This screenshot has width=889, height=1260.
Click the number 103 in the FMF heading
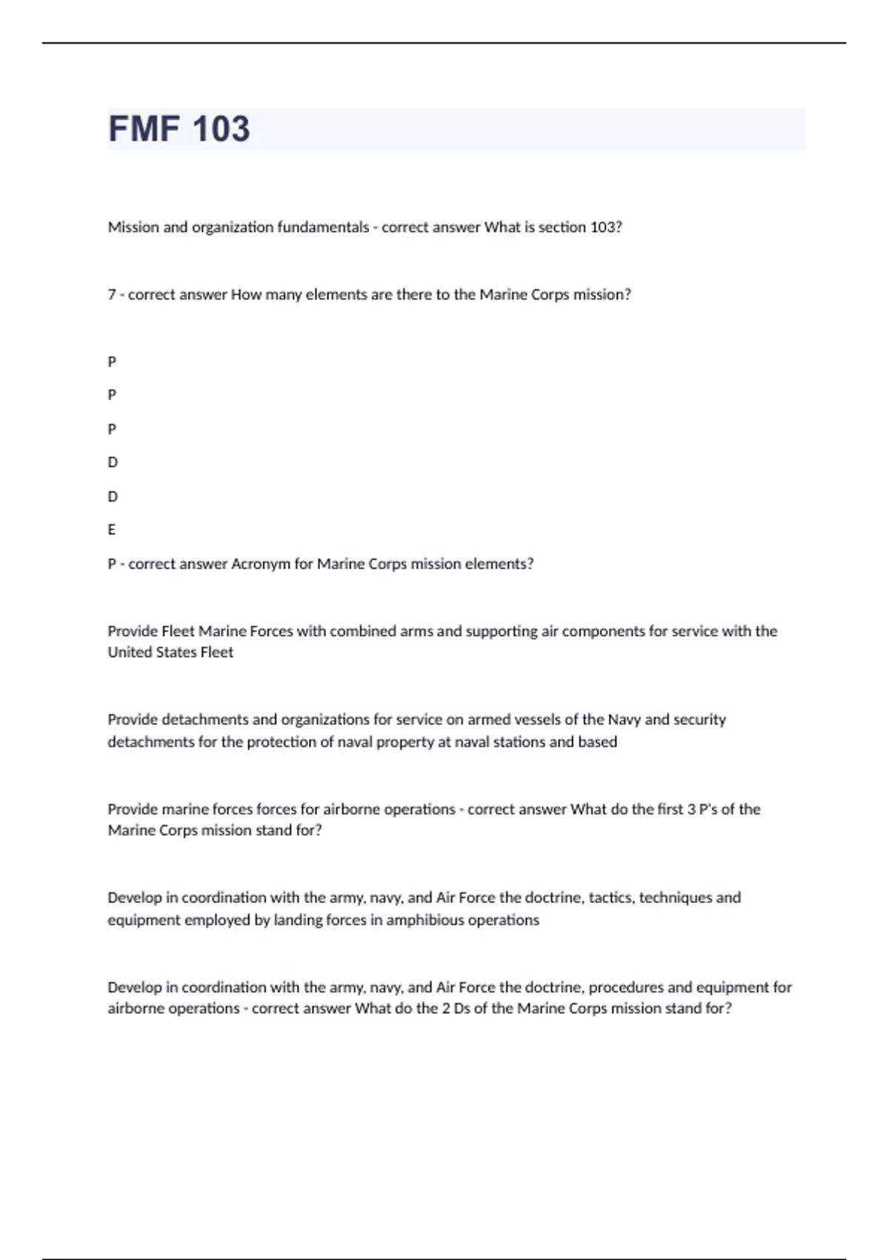point(221,129)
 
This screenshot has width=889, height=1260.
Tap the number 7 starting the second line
point(112,295)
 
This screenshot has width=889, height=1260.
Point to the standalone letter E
point(112,530)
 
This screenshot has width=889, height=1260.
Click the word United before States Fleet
point(128,652)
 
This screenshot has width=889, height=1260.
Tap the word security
point(698,720)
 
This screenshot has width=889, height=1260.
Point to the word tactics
point(610,898)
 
